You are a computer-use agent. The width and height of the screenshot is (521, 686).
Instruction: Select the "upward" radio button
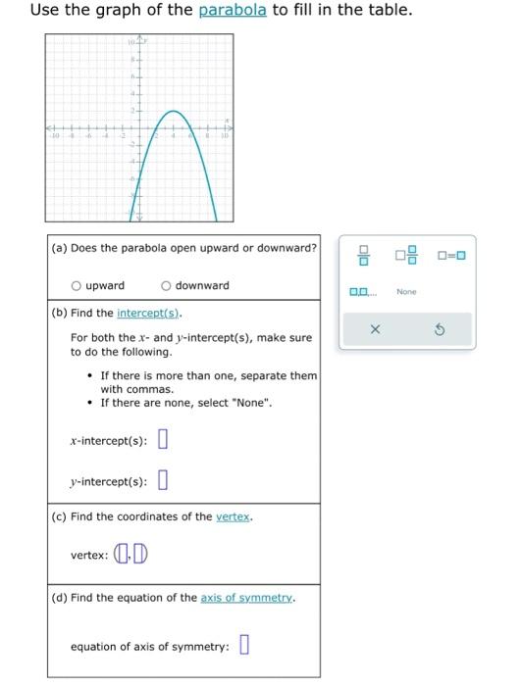pyautogui.click(x=76, y=286)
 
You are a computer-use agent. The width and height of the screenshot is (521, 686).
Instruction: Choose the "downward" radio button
pyautogui.click(x=166, y=286)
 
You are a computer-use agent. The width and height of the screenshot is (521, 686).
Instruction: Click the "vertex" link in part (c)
pyautogui.click(x=234, y=516)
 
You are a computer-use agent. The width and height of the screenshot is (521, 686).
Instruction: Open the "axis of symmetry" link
pyautogui.click(x=251, y=597)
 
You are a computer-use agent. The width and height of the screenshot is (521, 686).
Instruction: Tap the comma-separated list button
pyautogui.click(x=362, y=292)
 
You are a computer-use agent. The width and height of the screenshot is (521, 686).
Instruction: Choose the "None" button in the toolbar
pyautogui.click(x=406, y=292)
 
